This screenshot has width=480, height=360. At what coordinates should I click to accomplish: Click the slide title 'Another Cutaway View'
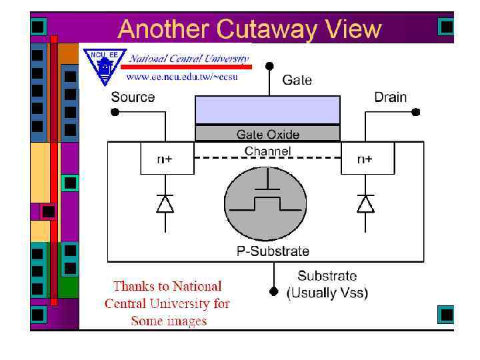[x=249, y=30]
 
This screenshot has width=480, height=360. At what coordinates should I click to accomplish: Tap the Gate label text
[x=297, y=80]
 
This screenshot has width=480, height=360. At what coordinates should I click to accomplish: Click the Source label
[x=133, y=97]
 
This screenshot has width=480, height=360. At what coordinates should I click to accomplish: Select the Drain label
[x=390, y=97]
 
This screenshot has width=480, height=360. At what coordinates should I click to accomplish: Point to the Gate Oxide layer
[x=267, y=134]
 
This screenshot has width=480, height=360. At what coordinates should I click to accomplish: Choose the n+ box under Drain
[x=365, y=159]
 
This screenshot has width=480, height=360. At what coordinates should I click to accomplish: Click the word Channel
[x=268, y=151]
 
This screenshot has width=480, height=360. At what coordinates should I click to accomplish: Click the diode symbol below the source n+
[x=165, y=204]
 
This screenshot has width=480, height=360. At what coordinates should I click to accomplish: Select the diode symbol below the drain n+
[x=365, y=204]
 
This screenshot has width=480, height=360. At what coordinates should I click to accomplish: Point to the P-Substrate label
[x=273, y=251]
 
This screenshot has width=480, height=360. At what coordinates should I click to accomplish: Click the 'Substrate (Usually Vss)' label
[x=327, y=284]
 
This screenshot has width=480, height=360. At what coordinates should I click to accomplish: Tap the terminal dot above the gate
[x=269, y=65]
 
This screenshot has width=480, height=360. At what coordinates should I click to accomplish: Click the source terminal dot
[x=115, y=113]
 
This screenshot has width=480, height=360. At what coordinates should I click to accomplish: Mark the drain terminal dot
[x=417, y=113]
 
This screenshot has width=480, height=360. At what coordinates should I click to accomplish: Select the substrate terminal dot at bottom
[x=273, y=291]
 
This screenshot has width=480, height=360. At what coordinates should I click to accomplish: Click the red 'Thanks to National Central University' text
[x=167, y=304]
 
